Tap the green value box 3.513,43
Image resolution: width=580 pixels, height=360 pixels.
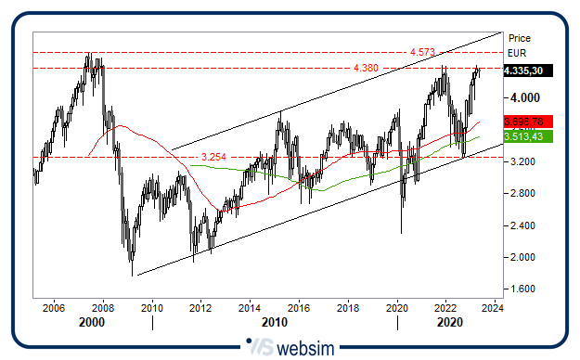pyautogui.click(x=527, y=137)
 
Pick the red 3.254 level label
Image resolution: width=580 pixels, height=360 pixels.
pyautogui.click(x=213, y=156)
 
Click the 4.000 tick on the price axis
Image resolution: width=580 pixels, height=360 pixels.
pyautogui.click(x=522, y=97)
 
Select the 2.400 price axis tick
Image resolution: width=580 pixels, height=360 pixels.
pyautogui.click(x=522, y=225)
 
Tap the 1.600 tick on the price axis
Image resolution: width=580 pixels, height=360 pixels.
pyautogui.click(x=522, y=289)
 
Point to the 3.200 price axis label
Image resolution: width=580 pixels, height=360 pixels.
pyautogui.click(x=522, y=161)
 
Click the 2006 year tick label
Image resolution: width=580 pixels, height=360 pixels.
pyautogui.click(x=54, y=308)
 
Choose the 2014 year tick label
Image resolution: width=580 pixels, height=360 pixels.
pyautogui.click(x=250, y=308)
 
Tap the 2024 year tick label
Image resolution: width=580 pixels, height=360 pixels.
pyautogui.click(x=493, y=308)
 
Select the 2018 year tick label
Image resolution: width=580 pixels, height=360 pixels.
pyautogui.click(x=347, y=308)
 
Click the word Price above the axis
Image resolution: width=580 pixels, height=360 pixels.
pyautogui.click(x=520, y=39)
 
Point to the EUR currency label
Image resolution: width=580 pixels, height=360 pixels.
pyautogui.click(x=518, y=54)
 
